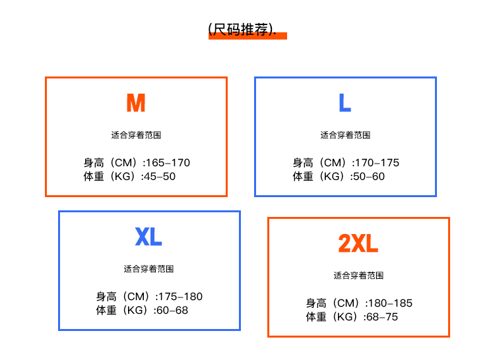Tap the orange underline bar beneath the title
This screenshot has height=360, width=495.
pyautogui.click(x=247, y=36)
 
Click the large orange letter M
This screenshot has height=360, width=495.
pyautogui.click(x=136, y=103)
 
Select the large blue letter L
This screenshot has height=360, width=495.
pyautogui.click(x=345, y=103)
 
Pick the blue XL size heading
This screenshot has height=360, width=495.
pyautogui.click(x=148, y=237)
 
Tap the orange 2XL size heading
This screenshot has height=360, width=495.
pyautogui.click(x=358, y=243)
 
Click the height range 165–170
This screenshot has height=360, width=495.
pyautogui.click(x=168, y=163)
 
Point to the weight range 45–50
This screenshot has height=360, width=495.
pyautogui.click(x=160, y=177)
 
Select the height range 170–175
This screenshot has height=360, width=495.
pyautogui.click(x=378, y=163)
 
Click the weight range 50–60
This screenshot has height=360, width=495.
pyautogui.click(x=369, y=177)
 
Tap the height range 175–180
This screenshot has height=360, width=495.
pyautogui.click(x=181, y=297)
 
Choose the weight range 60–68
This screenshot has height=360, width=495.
pyautogui.click(x=172, y=311)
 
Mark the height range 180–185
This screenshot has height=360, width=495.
pyautogui.click(x=391, y=303)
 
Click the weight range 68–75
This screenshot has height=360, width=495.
pyautogui.click(x=382, y=317)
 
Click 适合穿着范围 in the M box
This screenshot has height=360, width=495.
pyautogui.click(x=136, y=135)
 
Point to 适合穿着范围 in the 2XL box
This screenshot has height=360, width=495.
pyautogui.click(x=358, y=276)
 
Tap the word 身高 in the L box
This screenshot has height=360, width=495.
pyautogui.click(x=303, y=163)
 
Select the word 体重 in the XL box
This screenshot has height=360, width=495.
pyautogui.click(x=106, y=311)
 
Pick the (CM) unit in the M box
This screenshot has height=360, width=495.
pyautogui.click(x=125, y=163)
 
